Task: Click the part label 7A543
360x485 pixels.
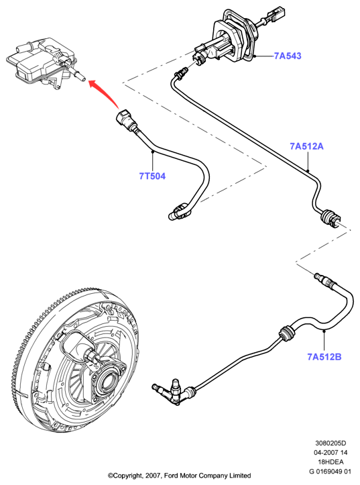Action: [x=288, y=56]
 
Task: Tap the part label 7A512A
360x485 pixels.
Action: [x=306, y=146]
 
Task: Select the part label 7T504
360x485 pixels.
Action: [x=152, y=176]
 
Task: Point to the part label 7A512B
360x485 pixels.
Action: [x=324, y=357]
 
